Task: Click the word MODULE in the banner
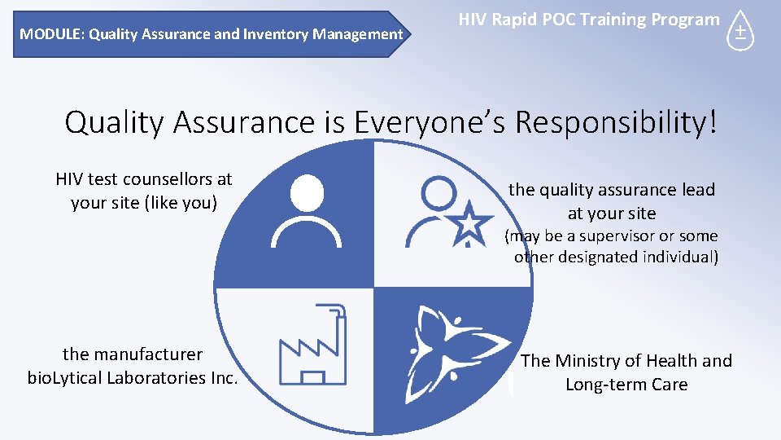tap(51, 34)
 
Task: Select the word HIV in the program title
tap(473, 20)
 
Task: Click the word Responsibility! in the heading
tap(617, 122)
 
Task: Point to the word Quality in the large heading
tap(114, 122)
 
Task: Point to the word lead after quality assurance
tap(697, 190)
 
